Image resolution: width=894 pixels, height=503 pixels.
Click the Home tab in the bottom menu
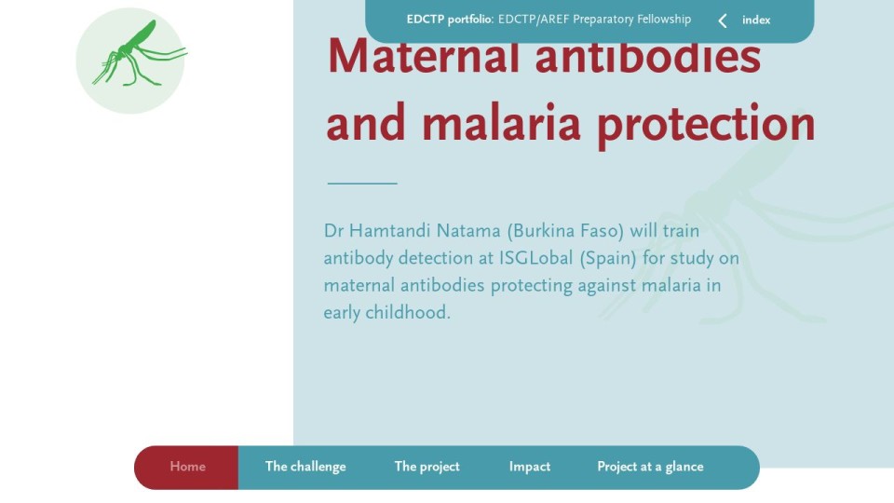[x=187, y=467]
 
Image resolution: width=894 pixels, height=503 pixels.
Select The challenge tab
[x=305, y=467]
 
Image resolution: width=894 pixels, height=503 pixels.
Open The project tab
[x=427, y=467]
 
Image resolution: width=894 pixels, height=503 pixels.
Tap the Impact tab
[x=530, y=467]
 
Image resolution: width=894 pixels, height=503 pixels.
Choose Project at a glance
[x=651, y=467]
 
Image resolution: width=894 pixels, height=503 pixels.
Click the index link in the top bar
[x=756, y=20]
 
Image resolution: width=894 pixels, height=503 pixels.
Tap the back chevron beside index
[x=723, y=21]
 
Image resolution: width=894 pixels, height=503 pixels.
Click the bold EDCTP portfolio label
[x=450, y=20]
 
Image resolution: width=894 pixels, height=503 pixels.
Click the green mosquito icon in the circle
[x=137, y=54]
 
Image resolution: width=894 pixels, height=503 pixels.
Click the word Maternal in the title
[x=424, y=57]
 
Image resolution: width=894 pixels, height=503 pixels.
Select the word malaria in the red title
[x=501, y=123]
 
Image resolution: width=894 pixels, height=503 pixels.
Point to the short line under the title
[x=362, y=184]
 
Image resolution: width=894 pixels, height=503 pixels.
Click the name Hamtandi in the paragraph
[x=389, y=231]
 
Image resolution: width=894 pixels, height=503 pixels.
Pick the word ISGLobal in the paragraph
[x=536, y=258]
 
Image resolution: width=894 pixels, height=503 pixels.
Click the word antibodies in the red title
[x=648, y=57]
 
